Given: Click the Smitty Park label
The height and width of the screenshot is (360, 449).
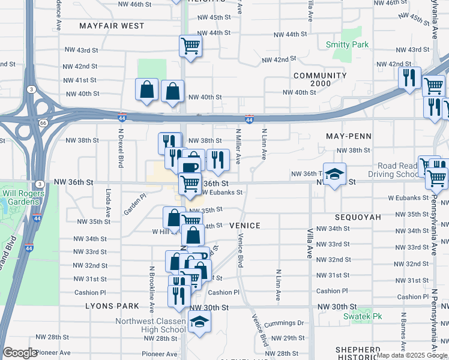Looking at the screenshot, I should point(347,44).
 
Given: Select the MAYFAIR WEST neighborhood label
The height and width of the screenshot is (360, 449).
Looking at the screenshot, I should point(112,26).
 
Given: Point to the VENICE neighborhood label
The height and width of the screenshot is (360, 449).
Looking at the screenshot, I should point(245,226).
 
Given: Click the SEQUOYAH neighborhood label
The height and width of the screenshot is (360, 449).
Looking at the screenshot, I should point(358,217).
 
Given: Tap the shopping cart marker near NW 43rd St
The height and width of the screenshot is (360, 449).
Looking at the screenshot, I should point(190,45).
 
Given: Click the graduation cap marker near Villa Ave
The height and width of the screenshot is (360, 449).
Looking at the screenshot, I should point(335,174).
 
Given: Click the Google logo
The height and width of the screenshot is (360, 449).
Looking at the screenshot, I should point(20,353).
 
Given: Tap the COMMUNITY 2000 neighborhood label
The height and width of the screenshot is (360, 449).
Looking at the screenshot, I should point(320,79).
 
